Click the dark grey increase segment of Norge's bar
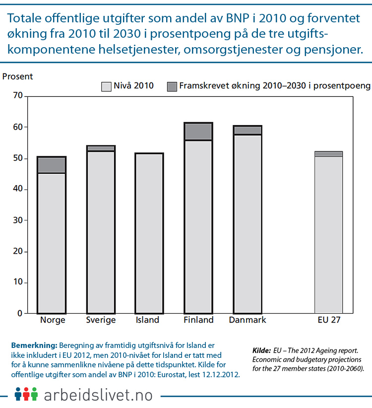click(x=52, y=165)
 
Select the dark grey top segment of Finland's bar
click(x=198, y=132)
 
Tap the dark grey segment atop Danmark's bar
click(x=248, y=130)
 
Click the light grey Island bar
click(x=149, y=233)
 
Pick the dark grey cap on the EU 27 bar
click(x=328, y=154)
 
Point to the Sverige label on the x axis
click(x=101, y=320)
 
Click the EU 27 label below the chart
click(x=329, y=320)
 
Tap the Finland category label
click(x=198, y=320)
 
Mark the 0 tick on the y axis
click(x=19, y=314)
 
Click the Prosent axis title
click(x=18, y=76)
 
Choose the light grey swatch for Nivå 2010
click(x=107, y=86)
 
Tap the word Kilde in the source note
click(x=261, y=350)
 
